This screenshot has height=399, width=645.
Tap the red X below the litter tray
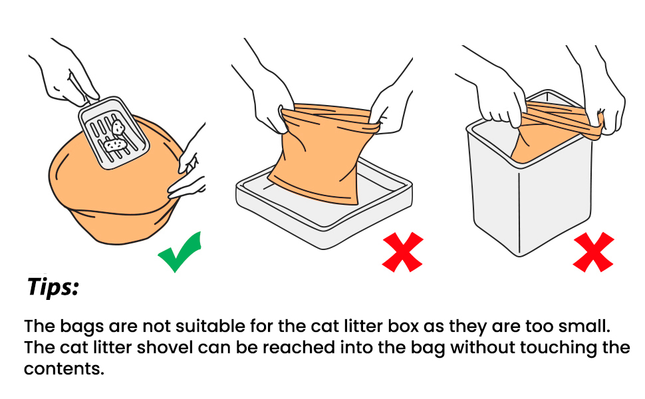(403, 252)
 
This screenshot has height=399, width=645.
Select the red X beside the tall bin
(593, 252)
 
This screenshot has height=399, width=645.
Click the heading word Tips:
(53, 287)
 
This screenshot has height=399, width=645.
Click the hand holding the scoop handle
(66, 74)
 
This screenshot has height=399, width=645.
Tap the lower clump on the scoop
(115, 145)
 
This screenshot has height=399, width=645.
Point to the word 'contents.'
(64, 369)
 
